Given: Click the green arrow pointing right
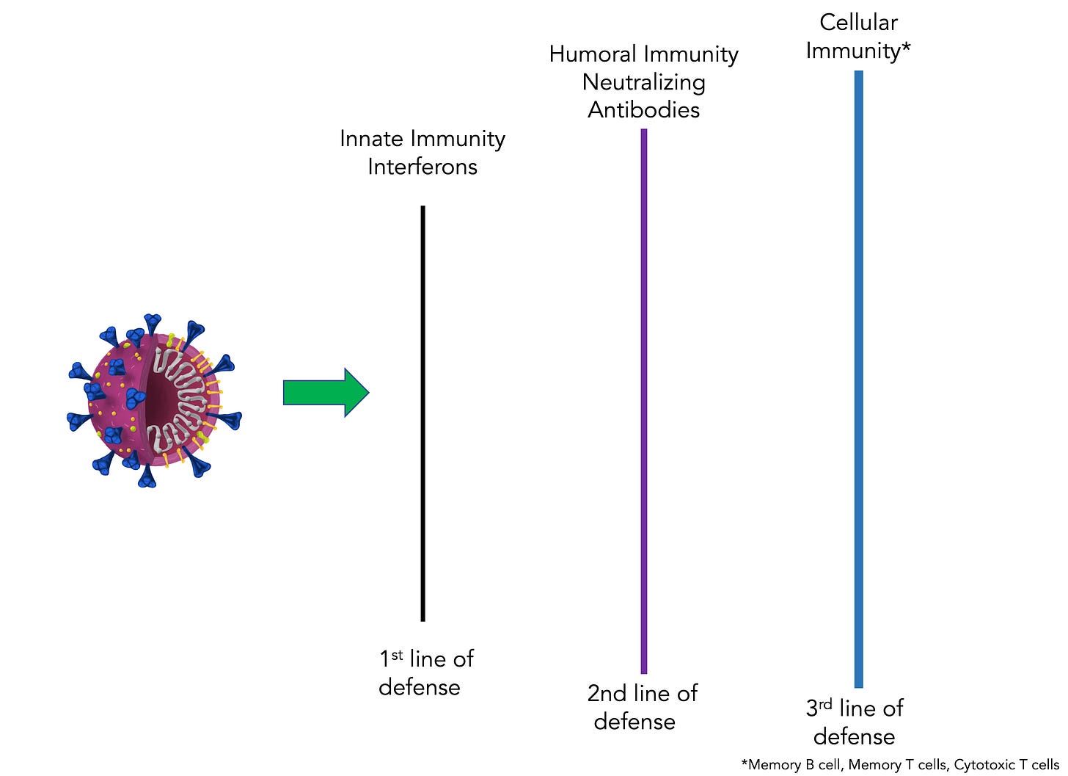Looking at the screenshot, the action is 326,393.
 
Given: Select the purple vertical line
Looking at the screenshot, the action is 644,401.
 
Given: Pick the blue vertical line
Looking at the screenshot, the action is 859,379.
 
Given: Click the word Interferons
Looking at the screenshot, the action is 423,167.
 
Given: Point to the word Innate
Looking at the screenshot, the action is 372,139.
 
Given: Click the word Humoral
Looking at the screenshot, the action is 593,54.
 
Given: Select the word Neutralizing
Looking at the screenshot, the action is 644,82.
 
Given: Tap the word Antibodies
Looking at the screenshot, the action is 644,110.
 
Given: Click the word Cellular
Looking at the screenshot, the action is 858,23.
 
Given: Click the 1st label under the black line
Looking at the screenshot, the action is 391,659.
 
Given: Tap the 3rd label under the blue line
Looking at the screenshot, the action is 819,708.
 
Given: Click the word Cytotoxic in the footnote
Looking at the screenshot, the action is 984,765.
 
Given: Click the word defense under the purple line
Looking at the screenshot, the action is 634,722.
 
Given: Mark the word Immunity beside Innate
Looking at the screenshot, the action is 458,139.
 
